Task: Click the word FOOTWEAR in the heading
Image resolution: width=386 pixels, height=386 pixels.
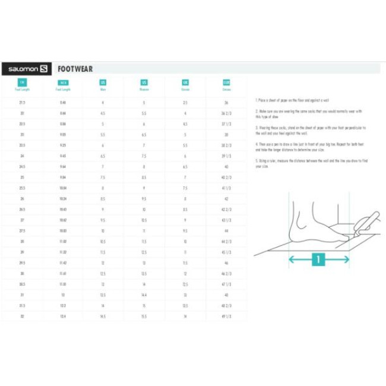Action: (x=75, y=69)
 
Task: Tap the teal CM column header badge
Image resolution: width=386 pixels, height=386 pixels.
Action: (x=22, y=83)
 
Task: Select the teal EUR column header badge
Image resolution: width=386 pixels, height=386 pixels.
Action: (x=226, y=83)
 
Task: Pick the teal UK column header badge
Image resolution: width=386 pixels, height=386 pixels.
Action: (x=185, y=83)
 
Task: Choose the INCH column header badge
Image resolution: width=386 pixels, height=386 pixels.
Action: (x=63, y=83)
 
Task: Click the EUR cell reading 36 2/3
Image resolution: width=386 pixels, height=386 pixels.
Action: (x=226, y=113)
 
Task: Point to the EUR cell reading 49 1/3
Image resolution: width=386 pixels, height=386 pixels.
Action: (x=226, y=316)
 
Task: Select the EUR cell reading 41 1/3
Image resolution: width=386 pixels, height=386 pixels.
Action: (x=226, y=188)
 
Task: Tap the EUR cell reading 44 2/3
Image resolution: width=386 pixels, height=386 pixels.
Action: (x=226, y=241)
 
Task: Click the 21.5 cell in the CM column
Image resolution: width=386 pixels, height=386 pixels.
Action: (x=22, y=102)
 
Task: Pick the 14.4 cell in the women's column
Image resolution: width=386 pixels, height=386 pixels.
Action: (x=144, y=295)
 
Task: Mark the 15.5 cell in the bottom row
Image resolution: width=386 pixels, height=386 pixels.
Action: (x=144, y=316)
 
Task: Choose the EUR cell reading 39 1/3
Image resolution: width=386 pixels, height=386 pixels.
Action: (x=226, y=156)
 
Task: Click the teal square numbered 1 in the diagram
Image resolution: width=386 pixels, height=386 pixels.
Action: (x=318, y=259)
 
